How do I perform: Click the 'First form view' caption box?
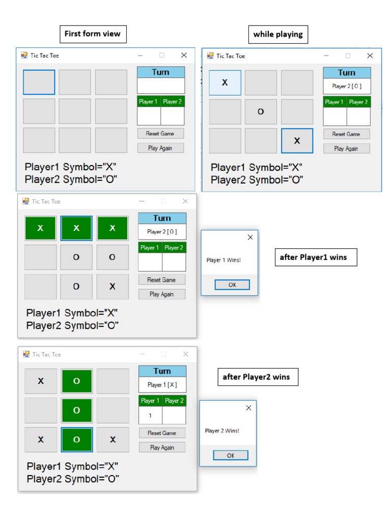click(x=93, y=34)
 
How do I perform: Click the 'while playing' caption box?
click(x=278, y=35)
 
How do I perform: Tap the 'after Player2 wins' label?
click(x=256, y=377)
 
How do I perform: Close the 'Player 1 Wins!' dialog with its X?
click(x=250, y=238)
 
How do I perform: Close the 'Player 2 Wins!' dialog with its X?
click(x=248, y=408)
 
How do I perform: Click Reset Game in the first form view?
click(x=160, y=134)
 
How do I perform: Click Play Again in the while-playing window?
click(x=346, y=149)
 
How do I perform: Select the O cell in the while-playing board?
click(x=261, y=112)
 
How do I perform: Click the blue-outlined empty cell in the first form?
click(x=39, y=82)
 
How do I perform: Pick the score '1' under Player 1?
click(x=150, y=416)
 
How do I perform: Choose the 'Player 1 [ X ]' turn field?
click(x=162, y=385)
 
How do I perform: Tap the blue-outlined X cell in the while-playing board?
click(x=297, y=141)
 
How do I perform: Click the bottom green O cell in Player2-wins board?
click(x=76, y=440)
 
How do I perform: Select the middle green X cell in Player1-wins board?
click(x=76, y=228)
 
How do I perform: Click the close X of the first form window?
click(x=184, y=55)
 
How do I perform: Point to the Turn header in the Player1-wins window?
click(x=162, y=218)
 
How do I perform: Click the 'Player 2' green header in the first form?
click(x=173, y=101)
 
